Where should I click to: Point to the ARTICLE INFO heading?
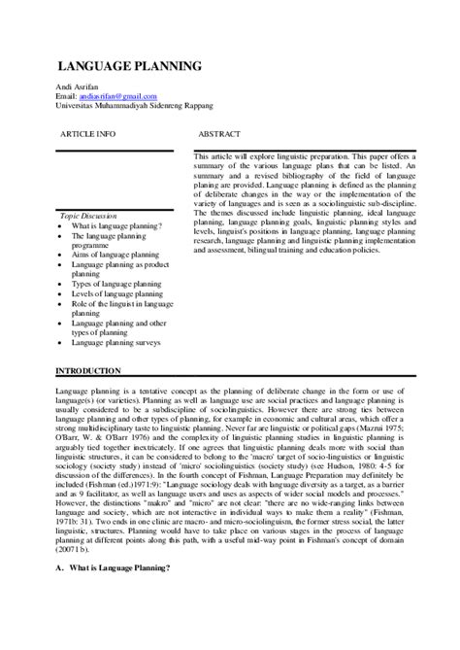(87, 131)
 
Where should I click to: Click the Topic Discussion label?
(88, 216)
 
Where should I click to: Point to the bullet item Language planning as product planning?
(119, 264)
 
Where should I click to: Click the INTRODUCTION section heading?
(88, 371)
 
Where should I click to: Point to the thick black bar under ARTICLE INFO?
(115, 151)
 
